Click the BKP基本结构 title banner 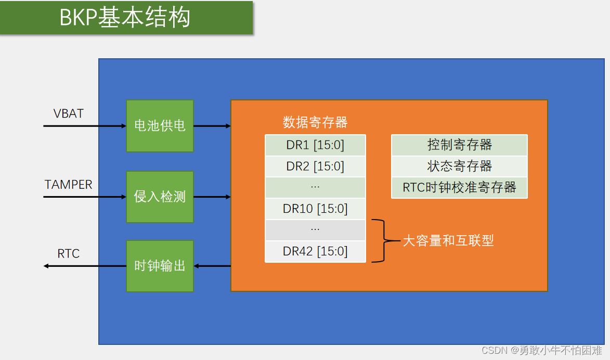click(x=126, y=18)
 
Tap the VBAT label click(x=68, y=113)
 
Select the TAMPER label click(x=68, y=185)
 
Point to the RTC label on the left click(x=68, y=254)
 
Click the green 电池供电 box click(x=160, y=126)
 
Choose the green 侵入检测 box click(x=160, y=197)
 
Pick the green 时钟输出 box click(x=160, y=266)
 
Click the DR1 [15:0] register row click(x=315, y=145)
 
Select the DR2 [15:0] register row click(x=315, y=166)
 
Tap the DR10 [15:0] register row click(x=315, y=209)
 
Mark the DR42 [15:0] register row click(x=315, y=252)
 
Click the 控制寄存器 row click(x=459, y=145)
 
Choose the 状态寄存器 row click(x=459, y=166)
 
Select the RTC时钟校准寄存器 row click(x=459, y=187)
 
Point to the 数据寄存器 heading click(x=315, y=123)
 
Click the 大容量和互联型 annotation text click(x=448, y=240)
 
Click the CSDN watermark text click(x=541, y=350)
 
